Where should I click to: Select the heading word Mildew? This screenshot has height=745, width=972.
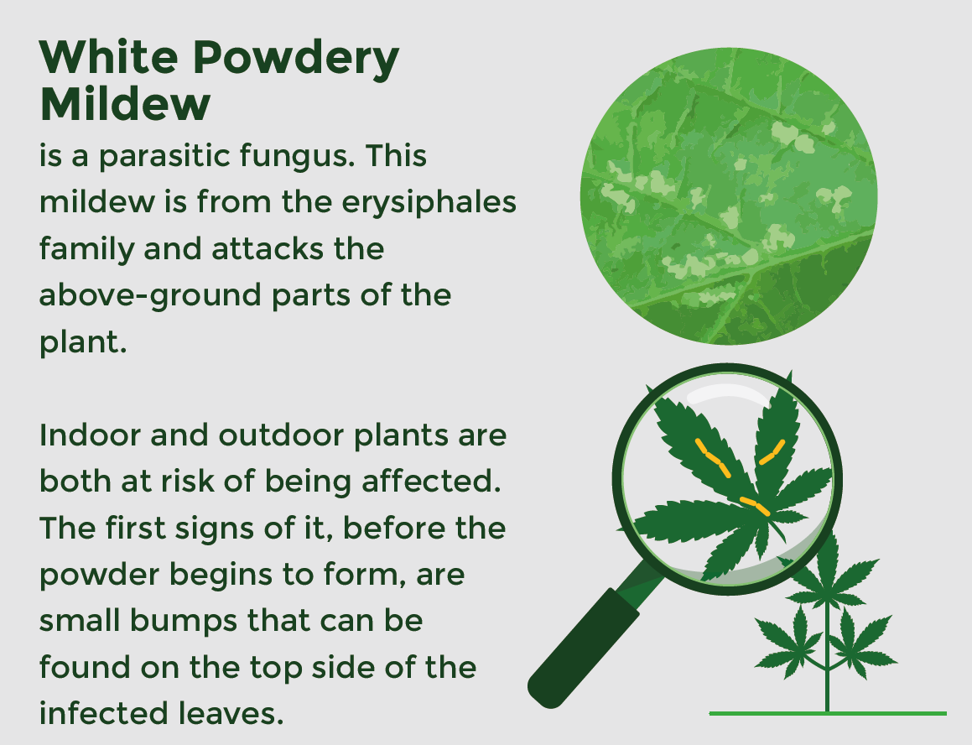point(125,104)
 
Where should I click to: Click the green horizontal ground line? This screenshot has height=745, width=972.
point(827,713)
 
